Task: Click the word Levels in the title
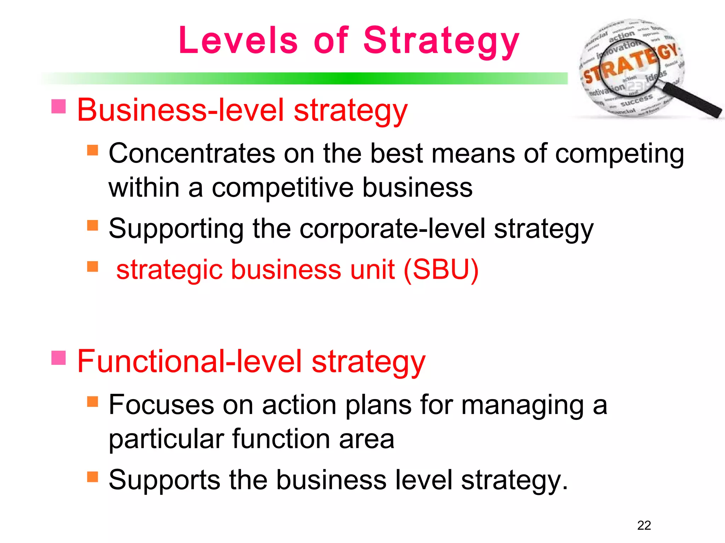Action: (238, 41)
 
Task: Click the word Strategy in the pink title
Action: (441, 42)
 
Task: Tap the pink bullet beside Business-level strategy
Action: (58, 106)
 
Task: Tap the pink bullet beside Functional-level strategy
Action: (58, 357)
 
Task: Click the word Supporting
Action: (176, 229)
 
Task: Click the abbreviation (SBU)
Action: (441, 270)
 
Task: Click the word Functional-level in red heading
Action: (189, 361)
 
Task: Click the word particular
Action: (166, 439)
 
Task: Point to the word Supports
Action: (164, 480)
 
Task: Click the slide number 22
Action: (644, 525)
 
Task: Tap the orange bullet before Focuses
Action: (92, 402)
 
